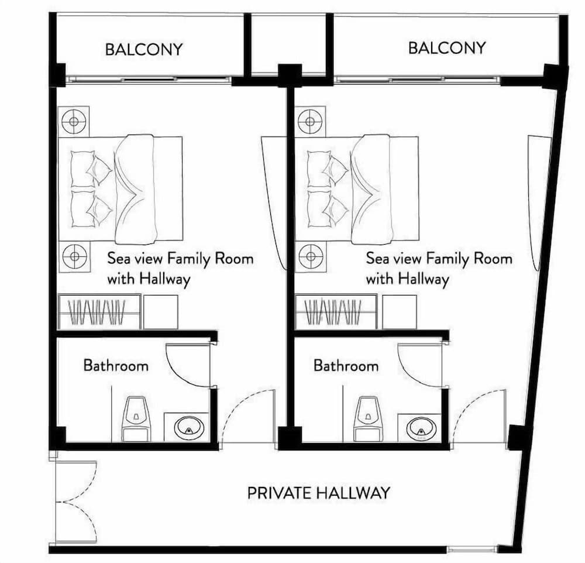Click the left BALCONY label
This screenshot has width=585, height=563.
[x=144, y=49]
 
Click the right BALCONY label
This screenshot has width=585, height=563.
[x=448, y=48]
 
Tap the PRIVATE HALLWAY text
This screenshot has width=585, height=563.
[x=319, y=493]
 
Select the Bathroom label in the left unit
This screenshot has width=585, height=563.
[x=116, y=365]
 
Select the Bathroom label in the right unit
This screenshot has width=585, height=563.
[x=346, y=365]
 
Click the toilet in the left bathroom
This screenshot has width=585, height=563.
[x=136, y=418]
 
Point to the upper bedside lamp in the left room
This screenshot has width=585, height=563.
[x=74, y=121]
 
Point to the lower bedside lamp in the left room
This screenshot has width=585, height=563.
[x=75, y=256]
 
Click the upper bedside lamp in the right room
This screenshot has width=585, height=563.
[x=310, y=122]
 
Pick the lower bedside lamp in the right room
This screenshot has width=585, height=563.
[x=311, y=256]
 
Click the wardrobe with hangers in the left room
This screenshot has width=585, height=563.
[x=99, y=312]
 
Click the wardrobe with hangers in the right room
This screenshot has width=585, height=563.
[x=336, y=312]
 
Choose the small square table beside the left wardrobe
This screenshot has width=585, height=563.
[x=161, y=312]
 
